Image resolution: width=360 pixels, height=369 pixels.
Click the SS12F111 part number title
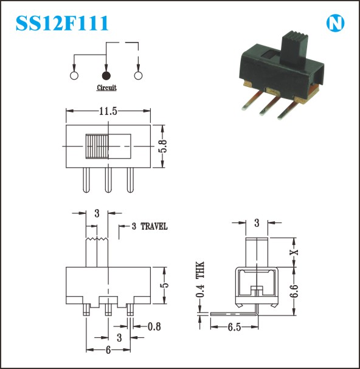click(x=62, y=23)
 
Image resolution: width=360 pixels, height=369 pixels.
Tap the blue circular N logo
click(x=335, y=24)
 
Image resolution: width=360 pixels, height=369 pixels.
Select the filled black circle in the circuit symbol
click(x=106, y=75)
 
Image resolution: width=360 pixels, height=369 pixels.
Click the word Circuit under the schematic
click(x=106, y=88)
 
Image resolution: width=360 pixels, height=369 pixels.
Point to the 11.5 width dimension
click(x=108, y=111)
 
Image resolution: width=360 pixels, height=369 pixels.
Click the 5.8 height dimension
click(x=163, y=146)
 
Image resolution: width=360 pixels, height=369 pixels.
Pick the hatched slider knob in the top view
click(x=97, y=146)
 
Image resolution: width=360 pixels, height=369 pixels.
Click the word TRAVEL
click(x=154, y=226)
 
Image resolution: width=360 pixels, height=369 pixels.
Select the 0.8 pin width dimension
click(x=154, y=326)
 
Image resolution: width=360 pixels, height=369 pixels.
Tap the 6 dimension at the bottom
click(x=108, y=350)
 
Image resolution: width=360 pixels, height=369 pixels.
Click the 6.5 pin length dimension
click(x=234, y=327)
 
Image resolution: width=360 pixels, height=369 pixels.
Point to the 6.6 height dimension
click(x=294, y=291)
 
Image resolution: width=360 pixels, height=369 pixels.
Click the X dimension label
click(x=294, y=252)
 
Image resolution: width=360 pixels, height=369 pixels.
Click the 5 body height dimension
click(x=165, y=285)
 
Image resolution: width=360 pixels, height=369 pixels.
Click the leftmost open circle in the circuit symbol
click(x=74, y=75)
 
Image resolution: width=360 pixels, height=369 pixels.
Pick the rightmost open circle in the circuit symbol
click(x=138, y=75)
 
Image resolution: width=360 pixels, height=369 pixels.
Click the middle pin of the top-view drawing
click(x=108, y=180)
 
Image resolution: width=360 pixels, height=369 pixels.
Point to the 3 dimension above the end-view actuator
click(x=257, y=222)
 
